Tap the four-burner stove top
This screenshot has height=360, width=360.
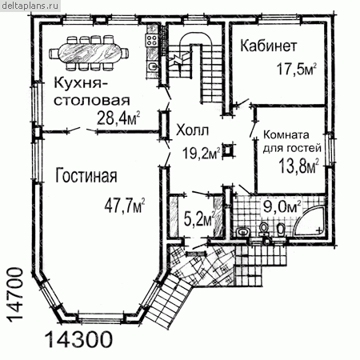click(152, 39)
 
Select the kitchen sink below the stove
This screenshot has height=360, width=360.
click(152, 66)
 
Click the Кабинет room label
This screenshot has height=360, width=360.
click(269, 46)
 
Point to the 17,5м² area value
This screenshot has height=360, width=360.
click(296, 69)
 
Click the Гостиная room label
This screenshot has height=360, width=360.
click(86, 175)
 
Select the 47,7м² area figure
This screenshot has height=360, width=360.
click(125, 206)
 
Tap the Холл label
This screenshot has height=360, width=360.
click(192, 130)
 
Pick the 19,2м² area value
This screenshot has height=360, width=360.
click(202, 153)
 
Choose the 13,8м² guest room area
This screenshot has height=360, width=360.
click(298, 166)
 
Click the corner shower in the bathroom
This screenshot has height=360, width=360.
click(310, 220)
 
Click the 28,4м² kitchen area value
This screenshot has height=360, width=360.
click(118, 118)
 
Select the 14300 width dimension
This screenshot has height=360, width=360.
click(78, 339)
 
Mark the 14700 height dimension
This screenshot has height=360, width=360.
click(14, 295)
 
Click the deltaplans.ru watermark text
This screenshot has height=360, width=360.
click(30, 6)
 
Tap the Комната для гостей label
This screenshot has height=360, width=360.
click(292, 142)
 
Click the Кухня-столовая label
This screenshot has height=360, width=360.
click(92, 91)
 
